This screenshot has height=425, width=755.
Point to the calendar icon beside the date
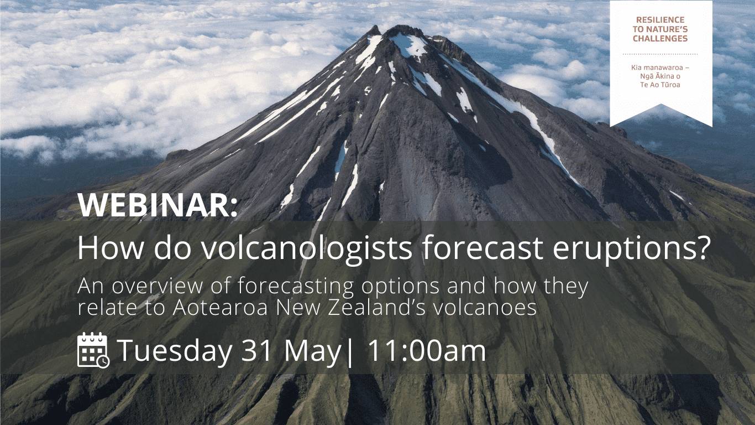tap(93, 350)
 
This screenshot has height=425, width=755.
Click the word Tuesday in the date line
tap(175, 351)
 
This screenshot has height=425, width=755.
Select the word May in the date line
tap(312, 351)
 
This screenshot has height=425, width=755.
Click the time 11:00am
tap(426, 350)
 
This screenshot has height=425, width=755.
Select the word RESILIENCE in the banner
tap(660, 20)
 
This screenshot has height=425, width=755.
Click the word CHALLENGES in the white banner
tap(660, 39)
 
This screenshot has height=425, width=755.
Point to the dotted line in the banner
tap(660, 54)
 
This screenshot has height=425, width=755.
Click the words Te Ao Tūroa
tap(660, 85)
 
